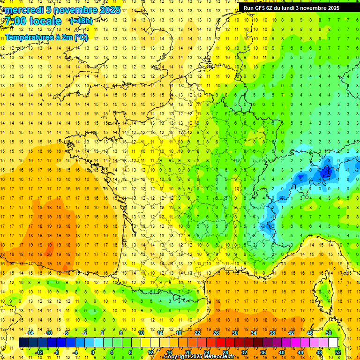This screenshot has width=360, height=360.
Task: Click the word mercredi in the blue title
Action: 22,10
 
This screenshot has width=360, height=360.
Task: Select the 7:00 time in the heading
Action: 14,22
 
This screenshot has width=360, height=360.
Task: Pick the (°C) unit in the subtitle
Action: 80,37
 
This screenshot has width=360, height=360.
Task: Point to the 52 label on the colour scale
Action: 338,352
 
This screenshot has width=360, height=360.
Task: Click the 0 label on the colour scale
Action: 93,352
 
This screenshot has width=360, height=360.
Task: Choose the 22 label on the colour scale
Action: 197,333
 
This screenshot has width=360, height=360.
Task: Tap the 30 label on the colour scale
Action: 235,333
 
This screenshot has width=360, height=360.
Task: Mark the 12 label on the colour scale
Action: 150,352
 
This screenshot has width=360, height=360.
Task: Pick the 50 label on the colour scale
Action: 329,333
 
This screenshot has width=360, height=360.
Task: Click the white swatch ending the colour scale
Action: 333,342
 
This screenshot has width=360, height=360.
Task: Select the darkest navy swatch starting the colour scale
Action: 23,342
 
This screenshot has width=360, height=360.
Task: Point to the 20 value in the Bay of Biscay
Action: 49,254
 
